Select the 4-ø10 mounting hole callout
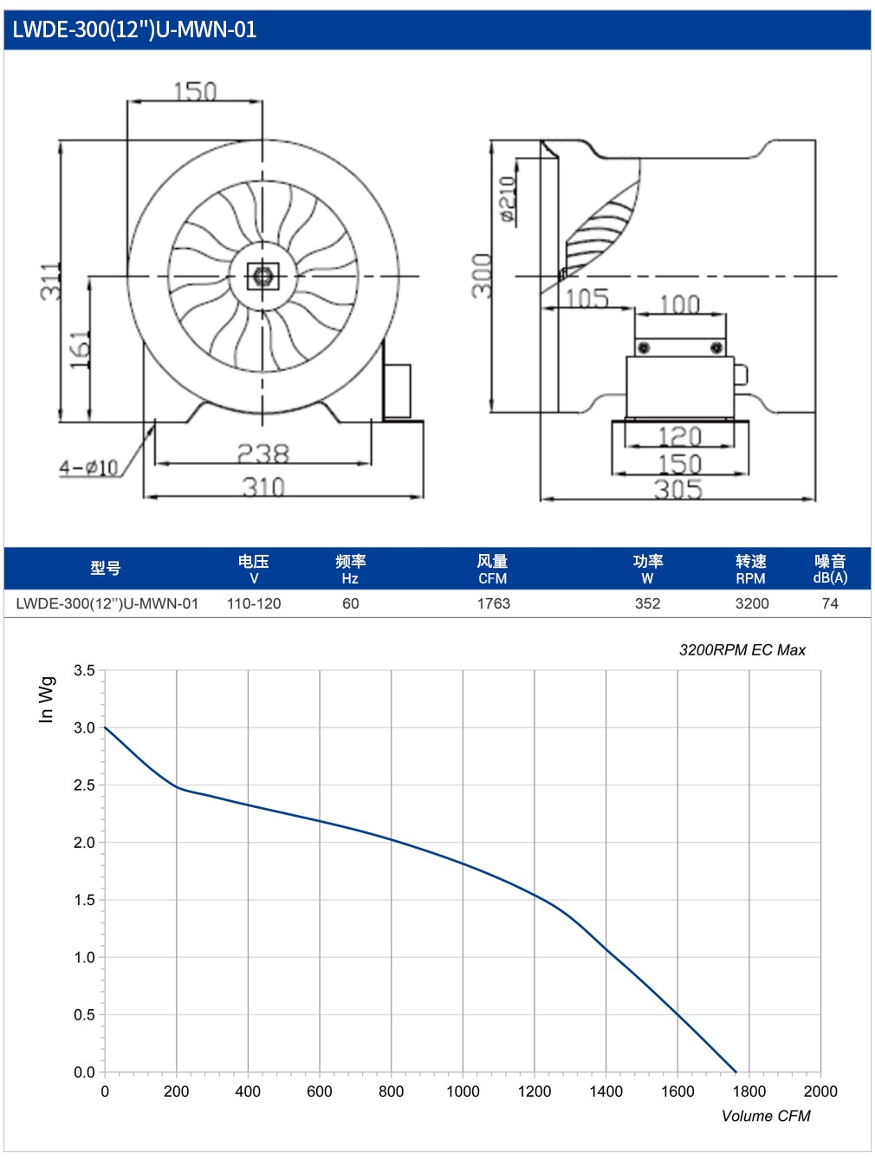tap(88, 467)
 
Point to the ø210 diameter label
tap(509, 199)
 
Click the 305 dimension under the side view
tap(678, 488)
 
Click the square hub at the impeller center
tap(262, 276)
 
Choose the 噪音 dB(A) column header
tap(830, 568)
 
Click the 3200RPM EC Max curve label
tap(742, 649)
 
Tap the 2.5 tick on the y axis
tap(84, 785)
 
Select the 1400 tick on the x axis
tap(606, 1091)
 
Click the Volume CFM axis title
tap(765, 1115)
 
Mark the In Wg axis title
tap(47, 700)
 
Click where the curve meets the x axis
tap(736, 1072)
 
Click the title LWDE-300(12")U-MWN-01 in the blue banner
tap(134, 29)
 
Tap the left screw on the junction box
tap(644, 348)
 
